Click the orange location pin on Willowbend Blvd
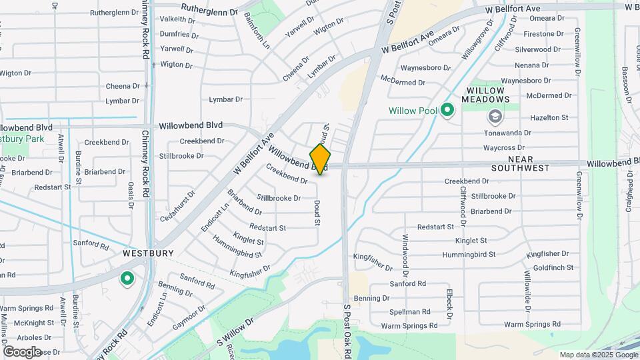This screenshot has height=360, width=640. coord(321,159)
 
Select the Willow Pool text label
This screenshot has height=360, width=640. coord(413,111)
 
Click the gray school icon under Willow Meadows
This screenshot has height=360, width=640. coord(494,117)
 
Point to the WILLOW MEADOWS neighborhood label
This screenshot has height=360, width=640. coord(488,95)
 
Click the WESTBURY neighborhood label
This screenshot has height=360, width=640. coord(148,253)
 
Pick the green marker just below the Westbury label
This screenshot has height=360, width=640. coord(126,279)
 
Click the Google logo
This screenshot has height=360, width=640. coord(22,351)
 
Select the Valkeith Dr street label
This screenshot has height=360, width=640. coord(177,19)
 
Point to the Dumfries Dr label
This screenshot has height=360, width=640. coord(176,34)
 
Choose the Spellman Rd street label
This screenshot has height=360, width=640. coord(410,311)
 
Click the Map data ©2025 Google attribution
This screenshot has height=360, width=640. coord(598,355)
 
